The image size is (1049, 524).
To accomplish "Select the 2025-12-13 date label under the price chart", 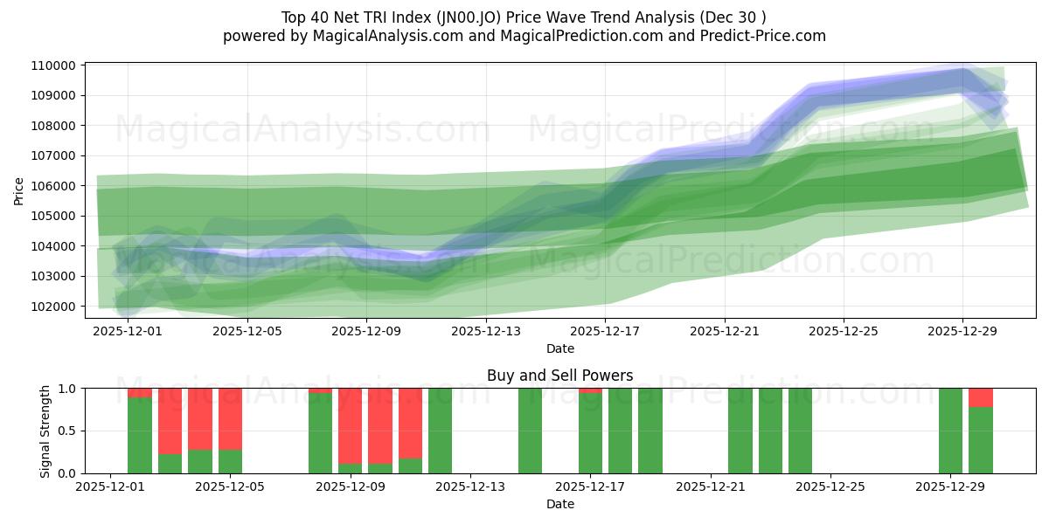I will [x=486, y=331].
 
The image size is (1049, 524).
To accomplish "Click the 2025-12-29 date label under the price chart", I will [x=962, y=331].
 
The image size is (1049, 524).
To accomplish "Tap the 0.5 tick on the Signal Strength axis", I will [x=66, y=431].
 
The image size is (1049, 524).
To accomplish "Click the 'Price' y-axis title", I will [x=19, y=191].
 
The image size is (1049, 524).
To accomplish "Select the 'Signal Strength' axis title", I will [x=45, y=431].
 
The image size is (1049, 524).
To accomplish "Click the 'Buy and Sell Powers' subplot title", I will [x=559, y=376].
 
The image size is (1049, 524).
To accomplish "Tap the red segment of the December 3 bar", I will [x=170, y=421].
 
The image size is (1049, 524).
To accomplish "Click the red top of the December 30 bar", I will [x=981, y=397].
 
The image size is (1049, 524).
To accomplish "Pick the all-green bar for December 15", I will [x=530, y=431].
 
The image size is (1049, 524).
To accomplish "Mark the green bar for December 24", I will [x=800, y=431].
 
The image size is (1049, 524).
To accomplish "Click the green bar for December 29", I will [x=950, y=431].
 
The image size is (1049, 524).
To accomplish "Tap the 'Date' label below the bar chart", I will [x=559, y=504].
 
